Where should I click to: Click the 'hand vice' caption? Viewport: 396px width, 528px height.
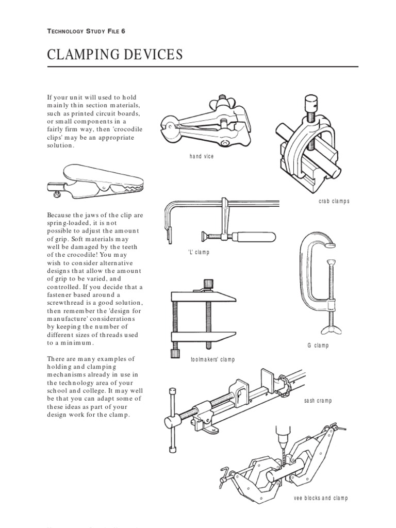[x=201, y=156]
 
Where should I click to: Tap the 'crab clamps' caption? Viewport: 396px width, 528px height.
[x=333, y=201]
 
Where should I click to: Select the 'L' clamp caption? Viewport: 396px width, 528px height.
[x=199, y=252]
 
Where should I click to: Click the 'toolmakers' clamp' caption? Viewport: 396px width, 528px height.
[x=212, y=359]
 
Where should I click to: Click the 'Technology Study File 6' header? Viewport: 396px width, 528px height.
[x=86, y=31]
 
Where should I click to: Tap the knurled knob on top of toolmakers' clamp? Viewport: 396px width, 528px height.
[x=207, y=284]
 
